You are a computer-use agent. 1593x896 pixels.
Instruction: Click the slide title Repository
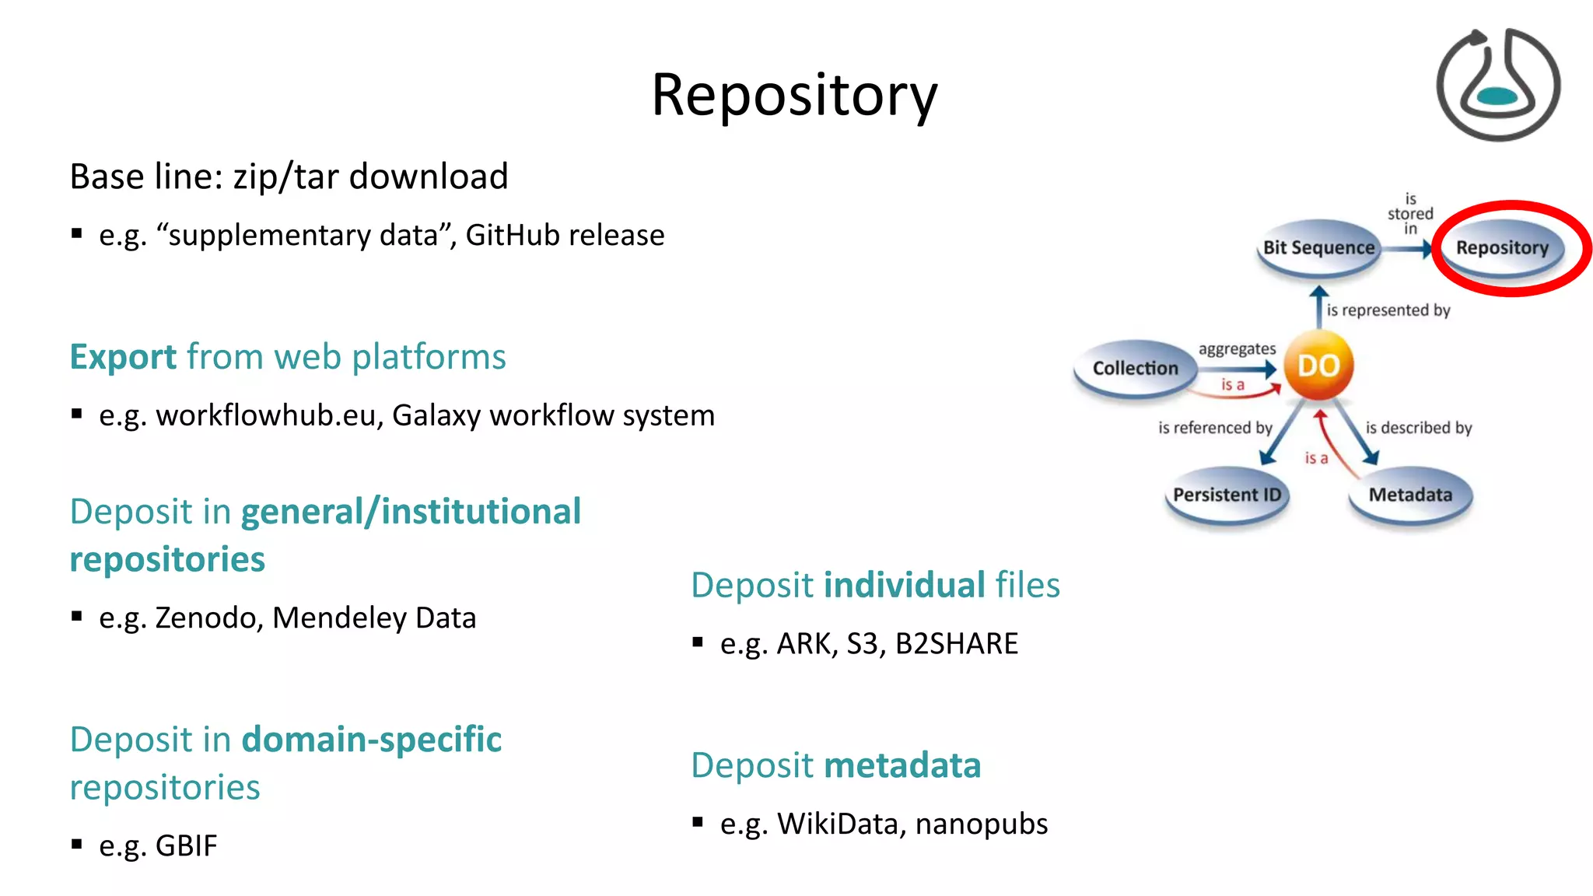point(794,95)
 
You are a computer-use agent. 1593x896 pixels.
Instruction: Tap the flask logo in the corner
point(1497,85)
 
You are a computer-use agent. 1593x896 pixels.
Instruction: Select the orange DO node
point(1318,366)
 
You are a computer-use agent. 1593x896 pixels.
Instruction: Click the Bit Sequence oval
point(1318,248)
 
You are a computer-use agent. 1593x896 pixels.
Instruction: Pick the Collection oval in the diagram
point(1135,369)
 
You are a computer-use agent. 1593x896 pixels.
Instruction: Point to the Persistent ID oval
point(1227,495)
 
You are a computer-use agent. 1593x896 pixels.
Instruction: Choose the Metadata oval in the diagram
point(1410,495)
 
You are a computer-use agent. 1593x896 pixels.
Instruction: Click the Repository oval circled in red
point(1502,248)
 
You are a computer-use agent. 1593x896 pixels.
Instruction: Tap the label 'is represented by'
point(1388,310)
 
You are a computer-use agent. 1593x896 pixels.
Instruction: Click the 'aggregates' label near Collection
point(1237,349)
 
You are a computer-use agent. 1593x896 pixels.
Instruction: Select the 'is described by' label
point(1419,428)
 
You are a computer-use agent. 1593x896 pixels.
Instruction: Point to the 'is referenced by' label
point(1215,428)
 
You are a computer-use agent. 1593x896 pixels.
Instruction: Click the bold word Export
point(123,357)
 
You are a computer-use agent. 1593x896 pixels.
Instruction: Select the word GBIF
point(186,846)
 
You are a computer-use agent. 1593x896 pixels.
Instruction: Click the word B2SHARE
point(956,644)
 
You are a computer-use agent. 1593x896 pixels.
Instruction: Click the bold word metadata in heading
point(902,765)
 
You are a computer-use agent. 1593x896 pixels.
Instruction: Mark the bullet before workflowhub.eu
point(76,414)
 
